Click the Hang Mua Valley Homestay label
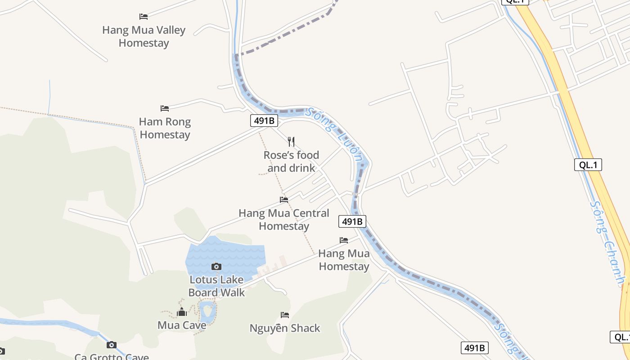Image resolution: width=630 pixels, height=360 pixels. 144,36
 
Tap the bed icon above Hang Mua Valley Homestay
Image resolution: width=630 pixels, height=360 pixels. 144,17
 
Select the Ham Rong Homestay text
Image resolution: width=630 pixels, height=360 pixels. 165,128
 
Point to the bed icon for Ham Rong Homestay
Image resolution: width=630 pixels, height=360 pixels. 165,108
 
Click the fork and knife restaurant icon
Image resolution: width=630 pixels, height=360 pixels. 291,142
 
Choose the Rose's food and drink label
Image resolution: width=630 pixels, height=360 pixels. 291,161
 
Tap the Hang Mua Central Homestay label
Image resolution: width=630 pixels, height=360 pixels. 284,219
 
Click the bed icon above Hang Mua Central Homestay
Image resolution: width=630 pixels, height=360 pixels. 284,200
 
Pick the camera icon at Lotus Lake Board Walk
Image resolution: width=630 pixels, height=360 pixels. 216,266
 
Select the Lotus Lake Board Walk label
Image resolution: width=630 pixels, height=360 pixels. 216,286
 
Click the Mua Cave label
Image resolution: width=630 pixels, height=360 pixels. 182,325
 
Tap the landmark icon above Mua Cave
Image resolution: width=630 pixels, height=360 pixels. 182,312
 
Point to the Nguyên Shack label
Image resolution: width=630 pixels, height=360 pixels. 285,328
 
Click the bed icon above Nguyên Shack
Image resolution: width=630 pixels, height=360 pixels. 285,315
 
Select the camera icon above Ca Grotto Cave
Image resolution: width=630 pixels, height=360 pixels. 112,345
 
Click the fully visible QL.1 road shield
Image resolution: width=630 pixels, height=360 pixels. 588,165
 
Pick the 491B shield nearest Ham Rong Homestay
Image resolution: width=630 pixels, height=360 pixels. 264,121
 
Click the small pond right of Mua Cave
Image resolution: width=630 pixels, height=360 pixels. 207,310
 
